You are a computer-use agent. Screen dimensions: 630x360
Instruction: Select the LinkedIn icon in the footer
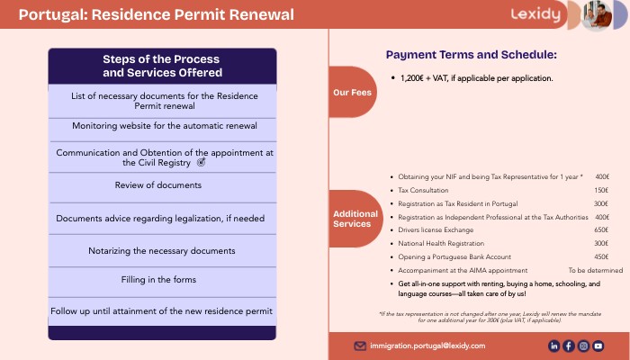[x=554, y=346]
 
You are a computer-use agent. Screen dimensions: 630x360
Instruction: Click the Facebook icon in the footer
[x=569, y=346]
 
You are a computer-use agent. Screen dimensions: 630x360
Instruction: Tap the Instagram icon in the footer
[x=583, y=346]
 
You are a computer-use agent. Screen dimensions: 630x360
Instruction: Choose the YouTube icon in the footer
[x=598, y=346]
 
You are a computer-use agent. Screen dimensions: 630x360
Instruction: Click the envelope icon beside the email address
[x=360, y=346]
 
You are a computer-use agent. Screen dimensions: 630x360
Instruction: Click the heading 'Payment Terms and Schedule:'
[x=471, y=54]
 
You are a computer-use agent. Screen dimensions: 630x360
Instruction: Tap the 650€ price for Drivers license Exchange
[x=601, y=230]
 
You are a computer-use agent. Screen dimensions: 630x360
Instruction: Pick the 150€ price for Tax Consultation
[x=601, y=190]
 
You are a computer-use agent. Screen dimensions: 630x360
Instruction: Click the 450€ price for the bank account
[x=601, y=256]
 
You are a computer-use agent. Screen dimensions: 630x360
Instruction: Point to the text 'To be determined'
[x=595, y=270]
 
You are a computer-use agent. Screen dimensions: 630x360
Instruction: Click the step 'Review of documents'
[x=158, y=185]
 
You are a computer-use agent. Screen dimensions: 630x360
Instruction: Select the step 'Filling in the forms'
[x=158, y=280]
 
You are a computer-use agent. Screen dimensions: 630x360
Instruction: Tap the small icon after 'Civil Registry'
[x=201, y=163]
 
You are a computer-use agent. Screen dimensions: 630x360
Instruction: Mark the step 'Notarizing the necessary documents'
[x=162, y=250]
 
